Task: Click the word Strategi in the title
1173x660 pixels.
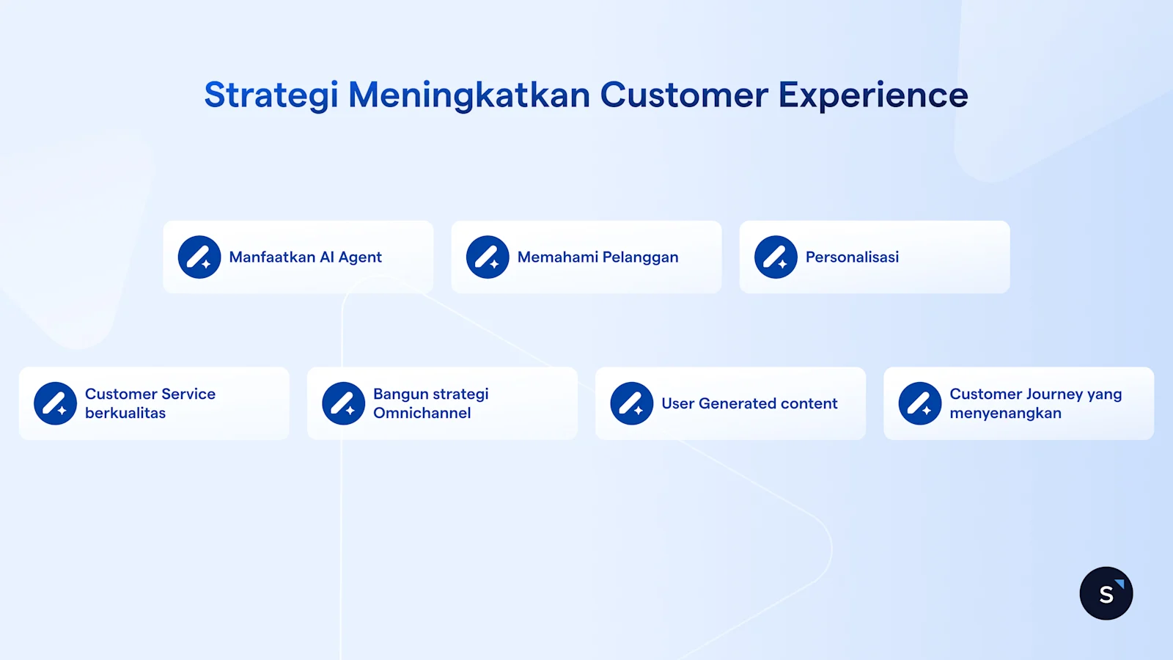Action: [271, 95]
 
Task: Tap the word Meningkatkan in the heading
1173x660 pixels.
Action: [468, 95]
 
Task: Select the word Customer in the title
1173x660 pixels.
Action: [684, 95]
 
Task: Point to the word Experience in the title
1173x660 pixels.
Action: [872, 95]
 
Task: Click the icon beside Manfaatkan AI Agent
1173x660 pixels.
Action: [199, 257]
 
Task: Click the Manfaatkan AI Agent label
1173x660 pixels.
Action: [305, 257]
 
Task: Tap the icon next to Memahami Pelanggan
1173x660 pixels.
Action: [488, 257]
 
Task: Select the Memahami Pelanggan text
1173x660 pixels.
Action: [597, 257]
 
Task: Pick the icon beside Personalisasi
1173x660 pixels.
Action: [776, 257]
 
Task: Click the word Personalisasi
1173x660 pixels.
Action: [852, 257]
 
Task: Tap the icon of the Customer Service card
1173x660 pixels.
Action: [55, 403]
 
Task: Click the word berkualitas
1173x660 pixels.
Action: [125, 414]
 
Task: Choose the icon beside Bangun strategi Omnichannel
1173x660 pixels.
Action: [343, 403]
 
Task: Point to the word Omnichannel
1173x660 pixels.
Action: [422, 414]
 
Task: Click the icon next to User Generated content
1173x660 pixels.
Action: [631, 403]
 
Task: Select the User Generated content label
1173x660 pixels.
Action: [749, 404]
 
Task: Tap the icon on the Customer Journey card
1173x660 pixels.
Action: [920, 403]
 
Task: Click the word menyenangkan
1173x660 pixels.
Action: [1005, 414]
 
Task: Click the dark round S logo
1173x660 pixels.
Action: [1106, 593]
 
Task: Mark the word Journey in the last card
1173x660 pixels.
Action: [1048, 395]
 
